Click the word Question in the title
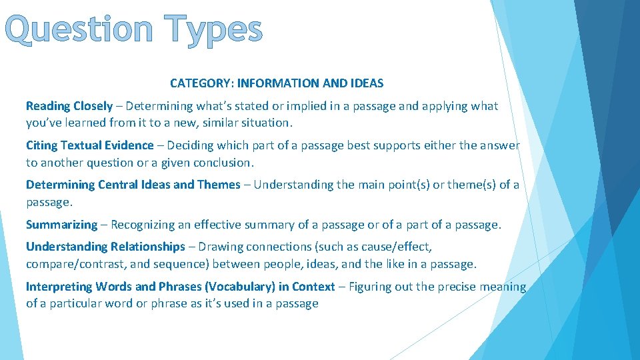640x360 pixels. (x=82, y=31)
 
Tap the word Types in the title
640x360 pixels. (x=215, y=31)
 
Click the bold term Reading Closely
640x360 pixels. (x=69, y=106)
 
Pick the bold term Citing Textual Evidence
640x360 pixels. (x=90, y=145)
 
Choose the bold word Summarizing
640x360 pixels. (x=61, y=225)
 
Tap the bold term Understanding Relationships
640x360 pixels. (x=105, y=247)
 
